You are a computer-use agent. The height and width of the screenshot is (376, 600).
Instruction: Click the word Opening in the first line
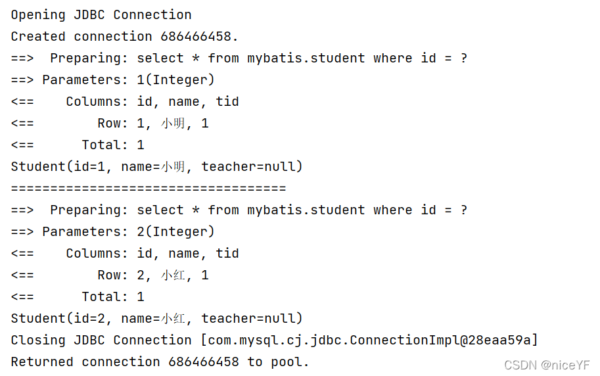click(38, 14)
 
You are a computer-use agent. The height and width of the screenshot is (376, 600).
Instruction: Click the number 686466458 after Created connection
click(199, 36)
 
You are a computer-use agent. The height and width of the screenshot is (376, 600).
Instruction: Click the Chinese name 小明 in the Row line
click(173, 123)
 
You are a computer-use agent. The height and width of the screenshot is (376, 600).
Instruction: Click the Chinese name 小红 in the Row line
click(173, 275)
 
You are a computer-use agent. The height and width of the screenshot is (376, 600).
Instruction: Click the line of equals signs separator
click(149, 189)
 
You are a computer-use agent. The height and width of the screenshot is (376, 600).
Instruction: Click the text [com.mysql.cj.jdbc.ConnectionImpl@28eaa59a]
click(369, 340)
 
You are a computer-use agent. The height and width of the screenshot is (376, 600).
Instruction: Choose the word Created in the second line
click(38, 36)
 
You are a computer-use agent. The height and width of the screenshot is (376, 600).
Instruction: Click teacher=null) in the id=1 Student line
click(252, 166)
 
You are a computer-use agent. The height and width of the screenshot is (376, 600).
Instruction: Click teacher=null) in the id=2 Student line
click(252, 318)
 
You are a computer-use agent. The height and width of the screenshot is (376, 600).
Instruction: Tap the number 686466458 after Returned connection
click(204, 362)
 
